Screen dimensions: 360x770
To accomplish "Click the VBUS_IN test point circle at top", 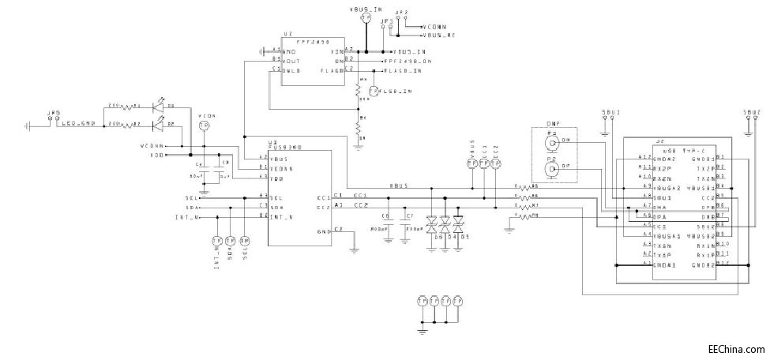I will [365, 17].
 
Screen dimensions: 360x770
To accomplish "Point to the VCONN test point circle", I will [204, 126].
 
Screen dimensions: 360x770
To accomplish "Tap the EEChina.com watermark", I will [735, 348].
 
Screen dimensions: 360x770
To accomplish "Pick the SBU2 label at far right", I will [751, 113].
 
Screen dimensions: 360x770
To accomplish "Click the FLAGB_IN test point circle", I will [374, 92].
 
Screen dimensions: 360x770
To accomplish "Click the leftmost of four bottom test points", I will [423, 301].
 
